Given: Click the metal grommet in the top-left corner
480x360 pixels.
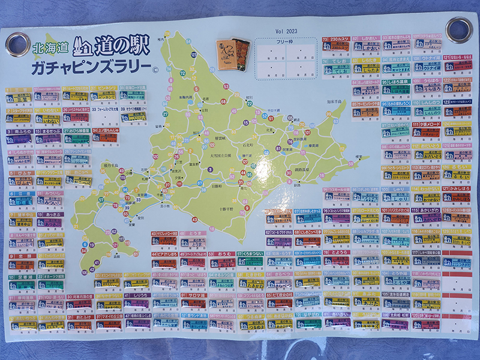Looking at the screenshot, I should (x=17, y=44).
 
